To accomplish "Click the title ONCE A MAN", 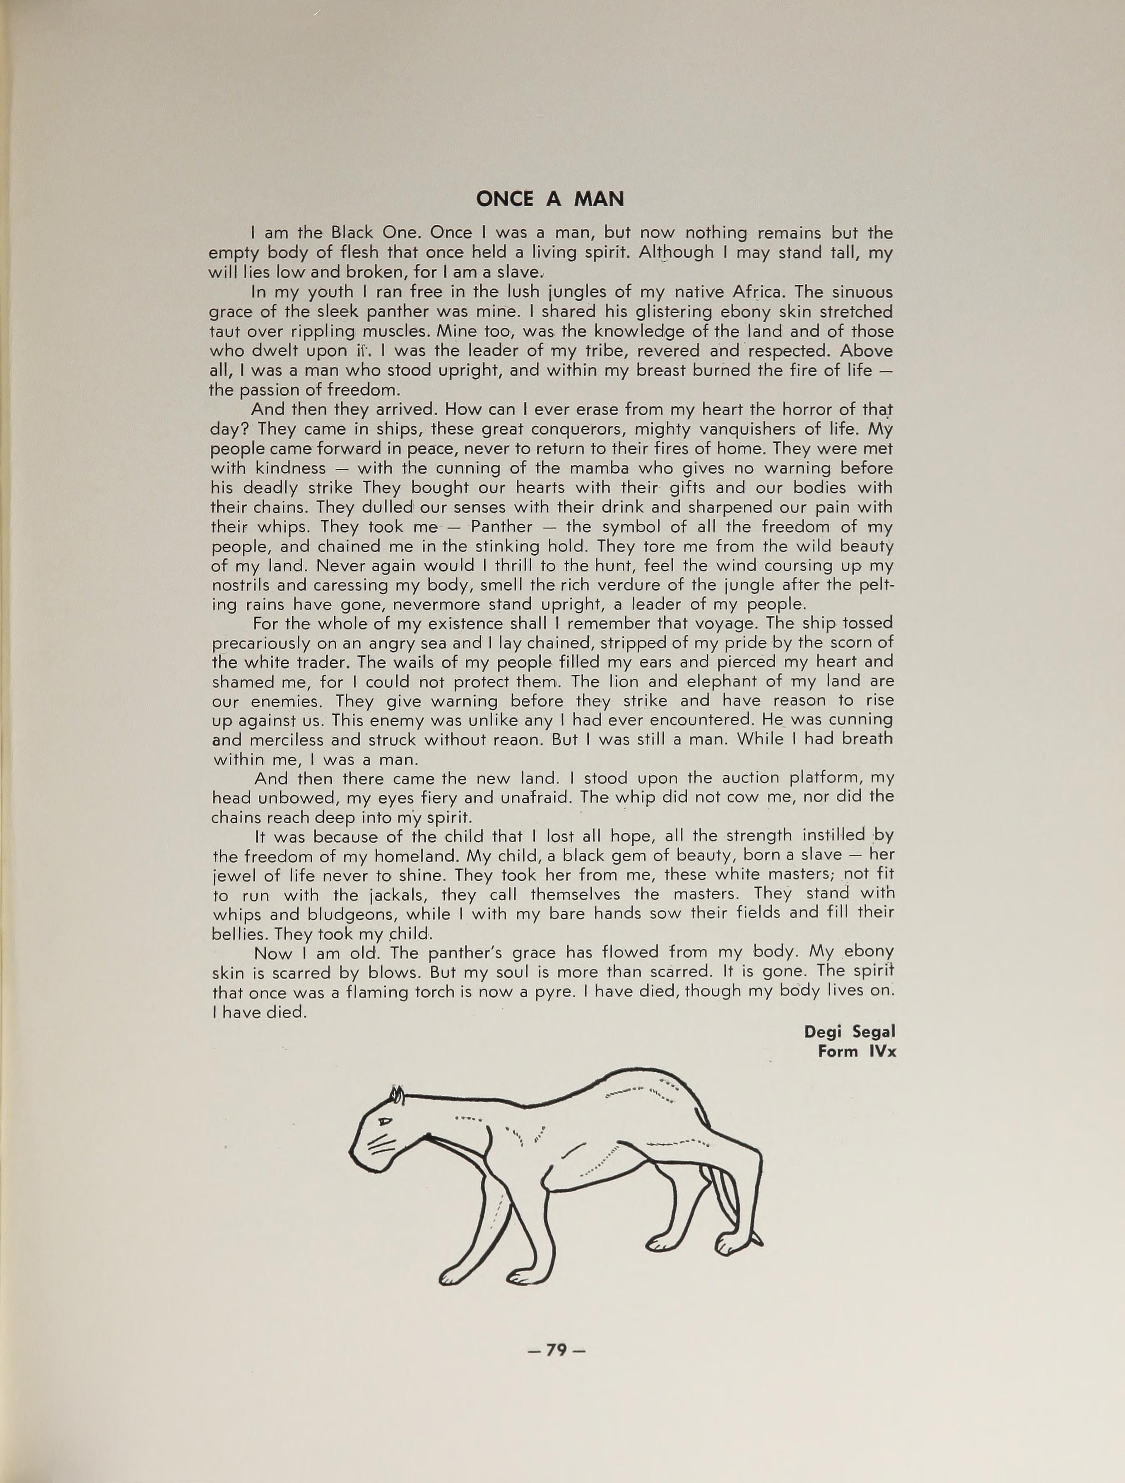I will pyautogui.click(x=550, y=199).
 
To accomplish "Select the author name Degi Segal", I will pyautogui.click(x=850, y=1031).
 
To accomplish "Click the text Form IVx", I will pyautogui.click(x=856, y=1051).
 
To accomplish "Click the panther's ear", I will pyautogui.click(x=398, y=1095).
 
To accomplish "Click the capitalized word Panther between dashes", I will pyautogui.click(x=502, y=527).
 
